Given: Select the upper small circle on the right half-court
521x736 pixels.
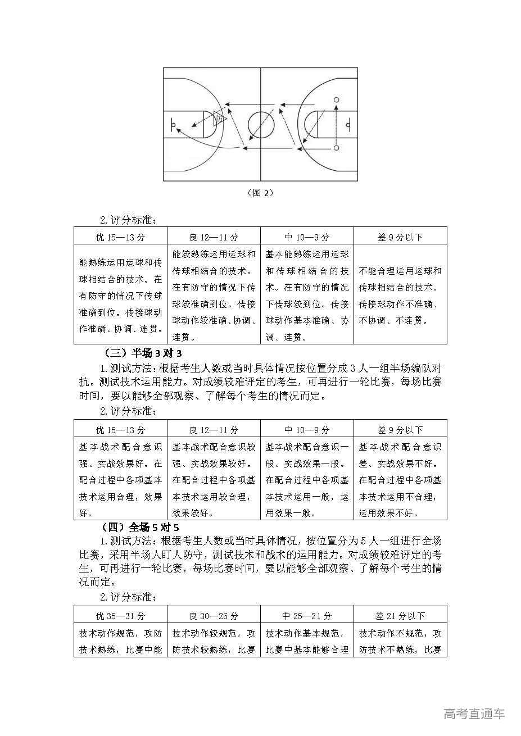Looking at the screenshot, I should [x=337, y=100].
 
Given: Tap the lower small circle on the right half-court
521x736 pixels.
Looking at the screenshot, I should [x=337, y=148].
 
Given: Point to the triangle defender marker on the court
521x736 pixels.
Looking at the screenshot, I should [x=219, y=117].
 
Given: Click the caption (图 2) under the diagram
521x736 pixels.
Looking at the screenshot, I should [x=260, y=192].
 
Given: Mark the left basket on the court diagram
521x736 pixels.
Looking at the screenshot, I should [x=174, y=124].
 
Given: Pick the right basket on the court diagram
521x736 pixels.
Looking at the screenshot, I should [x=348, y=124].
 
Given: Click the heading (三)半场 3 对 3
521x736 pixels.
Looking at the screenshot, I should [x=143, y=353].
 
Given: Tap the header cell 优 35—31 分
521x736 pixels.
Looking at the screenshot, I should [x=120, y=616].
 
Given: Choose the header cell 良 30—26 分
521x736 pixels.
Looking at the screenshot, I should [x=214, y=616].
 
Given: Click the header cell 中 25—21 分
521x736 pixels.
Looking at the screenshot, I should [x=307, y=616].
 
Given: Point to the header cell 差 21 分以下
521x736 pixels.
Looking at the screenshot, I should [x=400, y=616].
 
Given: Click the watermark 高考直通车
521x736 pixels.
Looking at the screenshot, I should [x=474, y=714].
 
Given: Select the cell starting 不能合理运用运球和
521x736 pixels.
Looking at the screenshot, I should [x=400, y=296].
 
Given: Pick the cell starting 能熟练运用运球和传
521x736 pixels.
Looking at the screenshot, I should [x=120, y=296].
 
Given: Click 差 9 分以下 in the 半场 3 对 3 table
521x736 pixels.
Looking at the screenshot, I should [x=400, y=430].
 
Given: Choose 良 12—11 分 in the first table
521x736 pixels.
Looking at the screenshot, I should [x=214, y=237].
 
